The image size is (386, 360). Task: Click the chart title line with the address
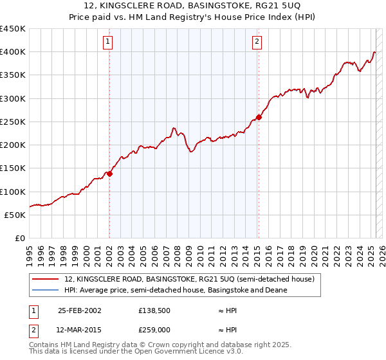(194, 6)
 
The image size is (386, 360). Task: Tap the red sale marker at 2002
(110, 173)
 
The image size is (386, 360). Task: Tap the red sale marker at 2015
(259, 117)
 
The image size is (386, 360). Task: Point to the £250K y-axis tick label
(13, 122)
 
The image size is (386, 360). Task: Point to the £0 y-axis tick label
(19, 238)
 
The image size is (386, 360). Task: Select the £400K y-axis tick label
(13, 52)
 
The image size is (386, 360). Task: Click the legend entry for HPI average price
(175, 290)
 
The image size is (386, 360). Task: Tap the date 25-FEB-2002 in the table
(80, 310)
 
